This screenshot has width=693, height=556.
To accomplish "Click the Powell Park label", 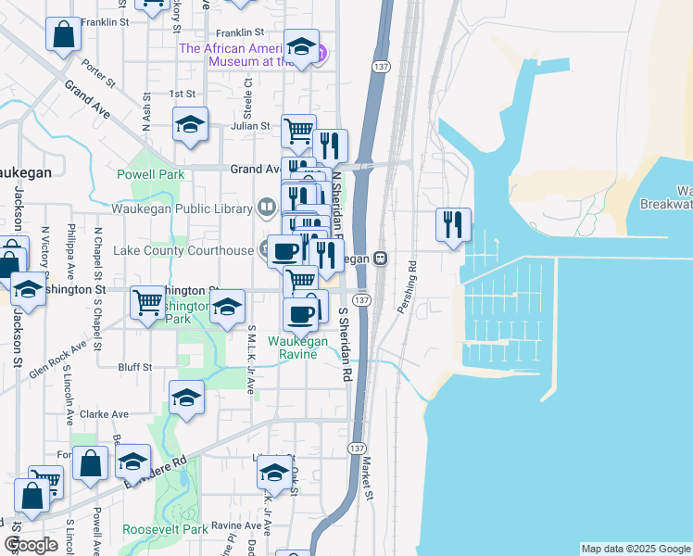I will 150,174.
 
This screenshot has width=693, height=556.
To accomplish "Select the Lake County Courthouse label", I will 183,250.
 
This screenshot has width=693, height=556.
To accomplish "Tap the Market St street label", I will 367,481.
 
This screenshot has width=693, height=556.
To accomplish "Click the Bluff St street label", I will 135,368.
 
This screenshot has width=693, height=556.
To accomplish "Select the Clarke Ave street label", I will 104,414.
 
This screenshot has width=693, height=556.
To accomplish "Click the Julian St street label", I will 250,126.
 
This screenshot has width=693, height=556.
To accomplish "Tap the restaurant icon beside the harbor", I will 453,224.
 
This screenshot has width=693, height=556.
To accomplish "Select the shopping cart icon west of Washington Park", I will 148,302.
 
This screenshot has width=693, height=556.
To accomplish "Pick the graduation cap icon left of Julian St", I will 190,124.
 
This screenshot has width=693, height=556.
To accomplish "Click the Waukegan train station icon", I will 381,259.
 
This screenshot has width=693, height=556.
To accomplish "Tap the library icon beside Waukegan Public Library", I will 267,206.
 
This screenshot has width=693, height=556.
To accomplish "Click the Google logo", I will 31,545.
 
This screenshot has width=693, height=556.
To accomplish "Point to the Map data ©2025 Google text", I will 635,549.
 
